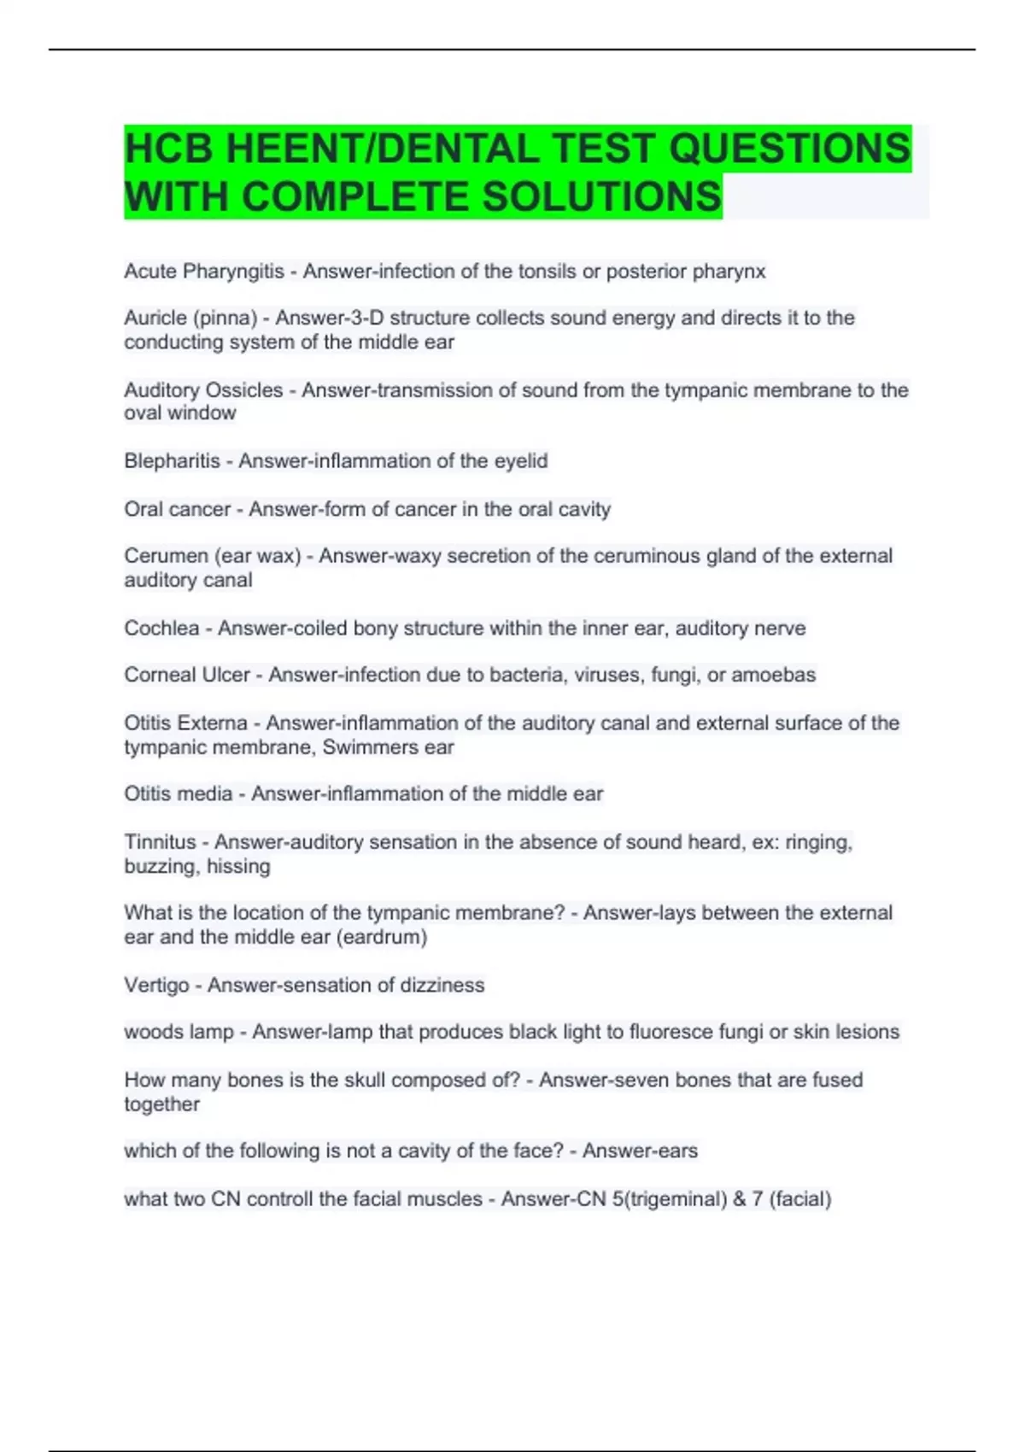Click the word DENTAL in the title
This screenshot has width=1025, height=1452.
coord(457,149)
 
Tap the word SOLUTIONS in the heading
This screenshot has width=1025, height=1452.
coord(602,196)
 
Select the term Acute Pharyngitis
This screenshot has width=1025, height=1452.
coord(204,272)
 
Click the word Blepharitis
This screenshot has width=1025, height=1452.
coord(172,461)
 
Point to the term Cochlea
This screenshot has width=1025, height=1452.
coord(161,629)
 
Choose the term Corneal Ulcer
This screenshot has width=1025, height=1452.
coord(187,675)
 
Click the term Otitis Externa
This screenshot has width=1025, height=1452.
coord(185,723)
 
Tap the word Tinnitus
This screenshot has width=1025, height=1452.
coord(160,842)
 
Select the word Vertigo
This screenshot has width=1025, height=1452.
coord(156,986)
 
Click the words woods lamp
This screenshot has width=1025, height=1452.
coord(179,1032)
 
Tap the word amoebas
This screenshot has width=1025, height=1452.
coord(774,675)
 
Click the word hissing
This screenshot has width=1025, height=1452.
coord(238,866)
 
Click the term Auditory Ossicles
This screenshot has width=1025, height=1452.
coord(203,390)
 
